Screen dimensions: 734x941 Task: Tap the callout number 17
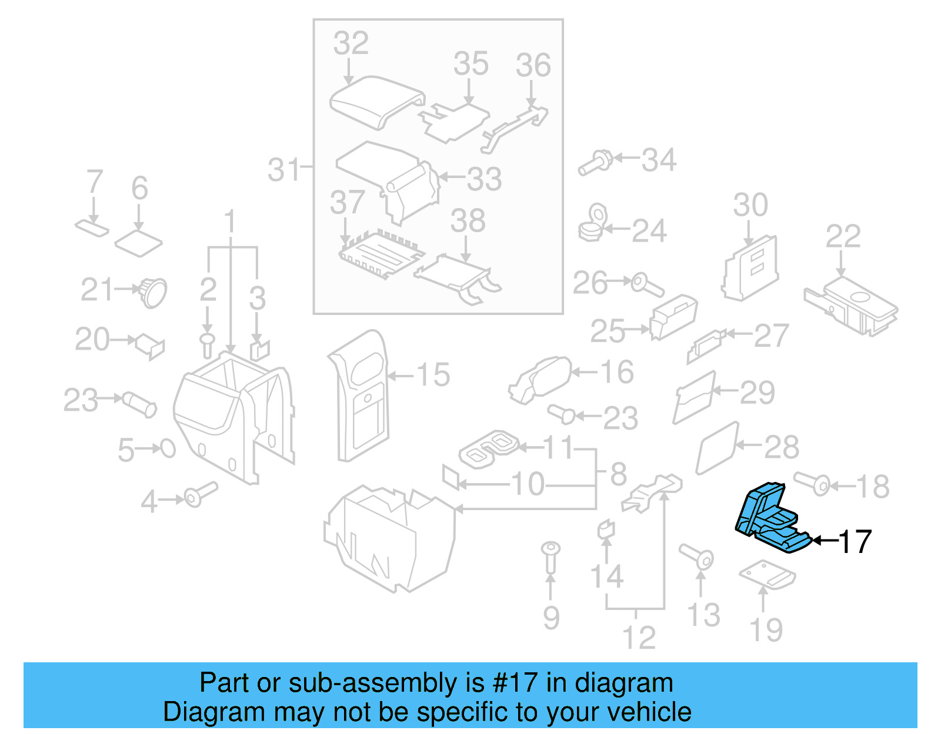point(854,541)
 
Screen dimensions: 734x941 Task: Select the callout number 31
point(284,170)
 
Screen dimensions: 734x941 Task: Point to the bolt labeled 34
point(596,162)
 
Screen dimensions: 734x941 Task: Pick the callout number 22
point(843,236)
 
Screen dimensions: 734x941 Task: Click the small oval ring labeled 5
point(168,449)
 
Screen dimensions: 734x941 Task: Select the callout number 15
point(433,375)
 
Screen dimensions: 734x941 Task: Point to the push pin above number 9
point(550,555)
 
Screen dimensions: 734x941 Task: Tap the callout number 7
point(95,182)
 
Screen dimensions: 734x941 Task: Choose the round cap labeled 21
point(153,291)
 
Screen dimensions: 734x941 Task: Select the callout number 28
point(781,447)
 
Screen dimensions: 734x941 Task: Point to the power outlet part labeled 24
point(593,224)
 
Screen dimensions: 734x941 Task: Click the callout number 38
point(468,221)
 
